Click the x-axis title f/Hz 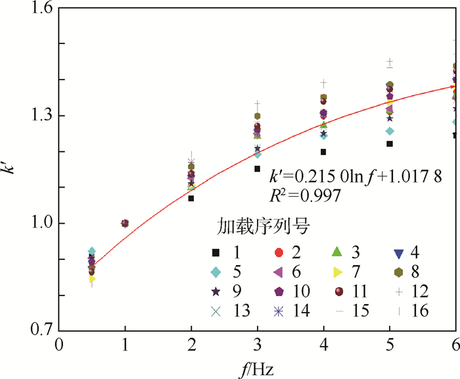(258, 367)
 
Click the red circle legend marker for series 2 (279, 253)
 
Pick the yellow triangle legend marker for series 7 (335, 272)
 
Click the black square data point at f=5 (390, 143)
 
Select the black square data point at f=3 (258, 168)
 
